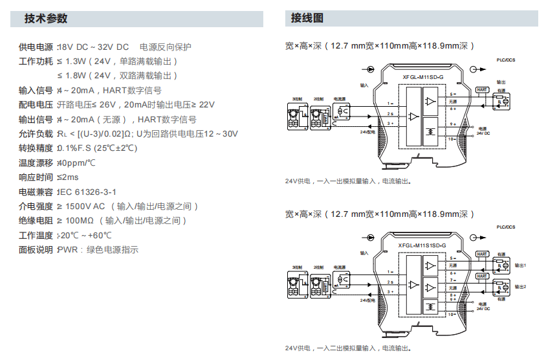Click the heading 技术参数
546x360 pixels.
[46, 19]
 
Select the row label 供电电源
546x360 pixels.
[36, 47]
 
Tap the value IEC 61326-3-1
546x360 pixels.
[87, 192]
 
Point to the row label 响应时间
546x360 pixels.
[36, 177]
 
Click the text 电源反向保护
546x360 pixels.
[166, 47]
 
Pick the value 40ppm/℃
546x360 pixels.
[76, 163]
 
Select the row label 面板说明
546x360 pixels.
[36, 250]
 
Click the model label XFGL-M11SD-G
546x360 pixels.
[424, 77]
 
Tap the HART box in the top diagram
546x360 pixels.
[482, 91]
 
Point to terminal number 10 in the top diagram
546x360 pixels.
[452, 139]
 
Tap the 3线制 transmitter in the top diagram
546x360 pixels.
[296, 116]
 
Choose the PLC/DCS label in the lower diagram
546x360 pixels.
[507, 227]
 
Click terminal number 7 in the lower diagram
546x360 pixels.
[452, 280]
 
